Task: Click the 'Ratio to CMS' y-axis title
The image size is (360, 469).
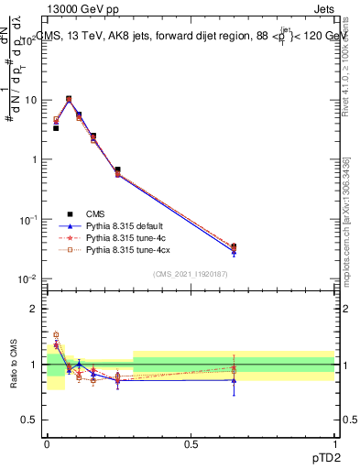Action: pos(13,363)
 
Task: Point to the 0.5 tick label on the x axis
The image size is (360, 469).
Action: pos(191,443)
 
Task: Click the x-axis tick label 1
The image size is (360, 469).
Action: pos(334,443)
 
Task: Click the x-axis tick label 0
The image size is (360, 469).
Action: pos(47,443)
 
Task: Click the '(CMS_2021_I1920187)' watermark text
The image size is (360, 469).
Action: pos(191,274)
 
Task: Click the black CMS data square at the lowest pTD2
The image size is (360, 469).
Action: pos(56,128)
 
